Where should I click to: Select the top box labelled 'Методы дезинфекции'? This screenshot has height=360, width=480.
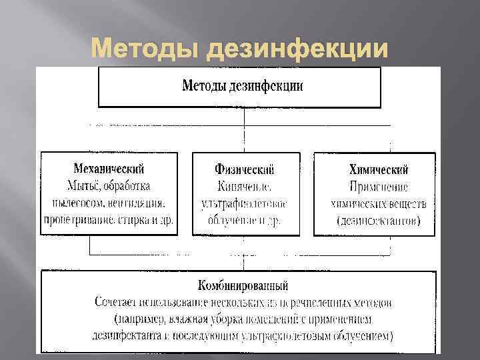point(239,86)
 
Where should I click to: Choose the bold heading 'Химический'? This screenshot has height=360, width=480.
point(379,170)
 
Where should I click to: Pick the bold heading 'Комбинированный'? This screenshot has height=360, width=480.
point(243,286)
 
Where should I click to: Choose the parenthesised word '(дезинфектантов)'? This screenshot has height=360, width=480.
point(379,220)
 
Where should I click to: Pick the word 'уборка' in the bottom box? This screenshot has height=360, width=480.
point(225,319)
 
